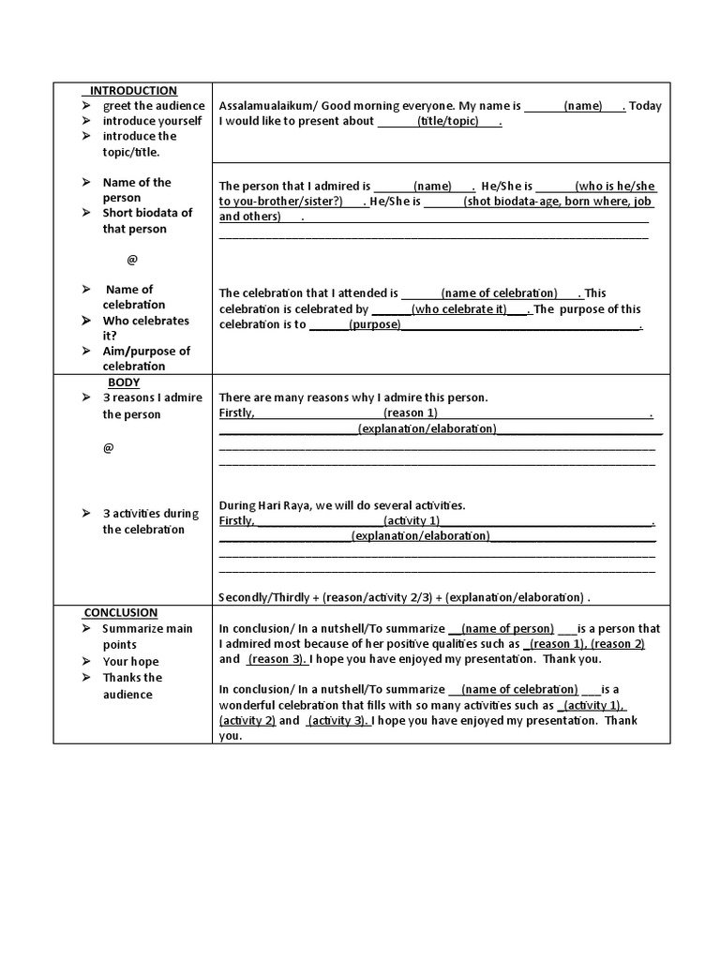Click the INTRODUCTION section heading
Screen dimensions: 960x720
[x=132, y=91]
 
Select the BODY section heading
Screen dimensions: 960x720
[x=124, y=382]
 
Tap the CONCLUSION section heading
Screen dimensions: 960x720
[x=121, y=612]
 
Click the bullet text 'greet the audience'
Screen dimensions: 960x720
[x=153, y=106]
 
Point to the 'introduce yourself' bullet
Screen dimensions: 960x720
[x=152, y=121]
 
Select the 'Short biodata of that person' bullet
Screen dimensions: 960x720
[x=147, y=220]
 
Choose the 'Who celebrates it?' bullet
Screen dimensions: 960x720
[x=145, y=328]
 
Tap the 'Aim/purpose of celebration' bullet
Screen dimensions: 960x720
[x=146, y=358]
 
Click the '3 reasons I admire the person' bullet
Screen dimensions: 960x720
[x=152, y=406]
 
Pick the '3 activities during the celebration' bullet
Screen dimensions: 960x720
[x=151, y=521]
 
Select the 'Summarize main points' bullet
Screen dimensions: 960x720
[x=147, y=637]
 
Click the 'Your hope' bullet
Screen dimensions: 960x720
[x=130, y=661]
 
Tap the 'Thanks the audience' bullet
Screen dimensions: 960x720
[x=132, y=685]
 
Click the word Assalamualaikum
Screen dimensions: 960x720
[x=266, y=106]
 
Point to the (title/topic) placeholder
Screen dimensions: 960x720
[x=448, y=122]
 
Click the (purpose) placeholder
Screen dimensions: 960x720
[x=374, y=325]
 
